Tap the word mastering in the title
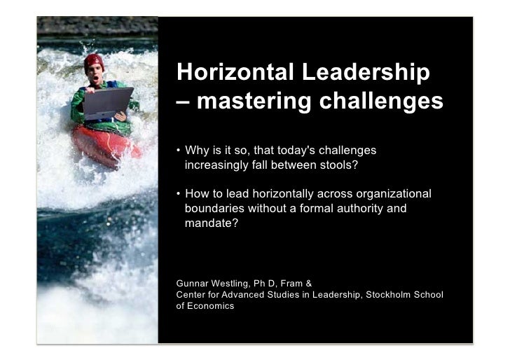(256, 102)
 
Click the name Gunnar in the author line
(194, 284)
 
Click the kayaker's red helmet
(93, 61)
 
